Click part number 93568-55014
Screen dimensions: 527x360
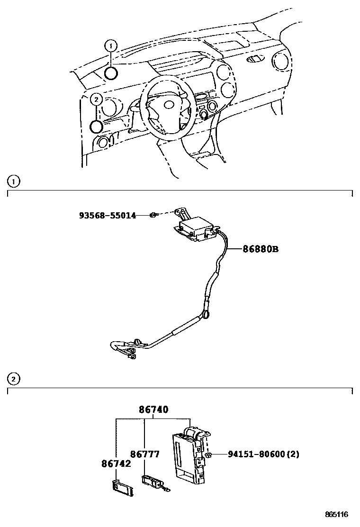[108, 216]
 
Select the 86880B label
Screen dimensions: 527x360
[261, 248]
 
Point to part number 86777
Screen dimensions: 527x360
[145, 454]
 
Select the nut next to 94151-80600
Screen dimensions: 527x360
[208, 455]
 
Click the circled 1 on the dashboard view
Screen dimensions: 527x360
[111, 45]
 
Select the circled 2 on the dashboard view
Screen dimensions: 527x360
[96, 100]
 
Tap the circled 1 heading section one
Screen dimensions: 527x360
[14, 181]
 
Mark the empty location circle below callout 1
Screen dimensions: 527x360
[111, 73]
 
